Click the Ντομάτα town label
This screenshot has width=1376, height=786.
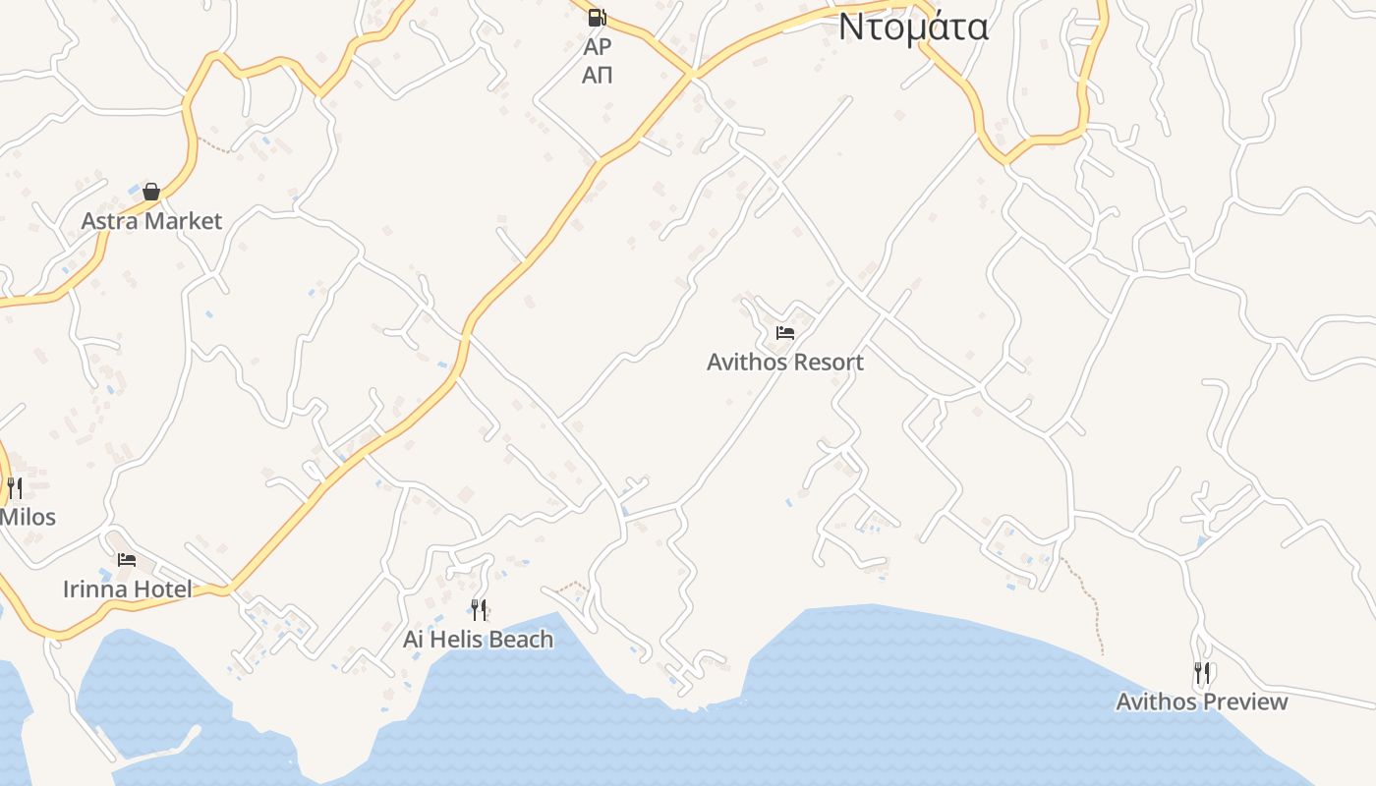[913, 27]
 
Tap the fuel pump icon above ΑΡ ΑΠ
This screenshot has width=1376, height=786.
[597, 17]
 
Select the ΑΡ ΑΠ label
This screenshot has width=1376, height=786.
[597, 61]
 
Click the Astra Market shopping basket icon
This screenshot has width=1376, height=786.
[151, 192]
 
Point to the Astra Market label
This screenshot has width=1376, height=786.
[151, 221]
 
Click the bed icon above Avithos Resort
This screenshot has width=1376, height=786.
[784, 333]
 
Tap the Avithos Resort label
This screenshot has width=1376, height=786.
[784, 362]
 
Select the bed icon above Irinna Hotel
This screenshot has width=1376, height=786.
[127, 560]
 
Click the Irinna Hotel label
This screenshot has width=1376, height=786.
[127, 589]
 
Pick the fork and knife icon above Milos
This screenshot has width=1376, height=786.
[15, 487]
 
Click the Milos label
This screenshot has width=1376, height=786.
[28, 517]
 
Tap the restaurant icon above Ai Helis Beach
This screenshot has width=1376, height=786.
[479, 610]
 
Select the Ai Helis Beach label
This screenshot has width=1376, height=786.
[479, 640]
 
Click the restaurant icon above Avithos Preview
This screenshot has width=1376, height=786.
[1202, 673]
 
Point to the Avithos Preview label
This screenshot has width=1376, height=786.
[1201, 702]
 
